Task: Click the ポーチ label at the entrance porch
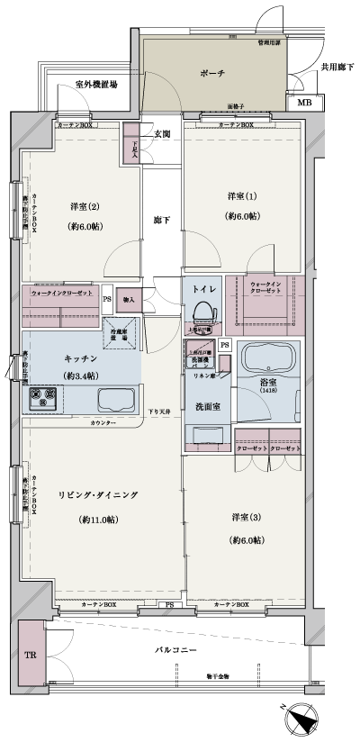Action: pyautogui.click(x=214, y=73)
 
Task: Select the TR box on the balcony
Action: pyautogui.click(x=31, y=655)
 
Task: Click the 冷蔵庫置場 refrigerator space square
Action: pyautogui.click(x=121, y=330)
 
